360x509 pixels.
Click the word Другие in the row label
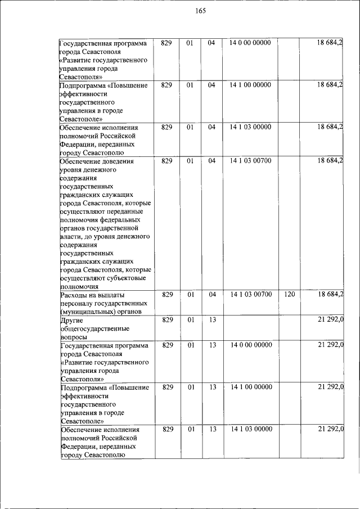click(72, 320)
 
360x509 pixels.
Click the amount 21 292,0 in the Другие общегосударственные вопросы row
click(330, 320)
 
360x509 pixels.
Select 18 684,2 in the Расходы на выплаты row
click(330, 294)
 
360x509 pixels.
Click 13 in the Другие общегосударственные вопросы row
click(211, 320)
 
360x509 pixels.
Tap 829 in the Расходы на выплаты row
click(166, 294)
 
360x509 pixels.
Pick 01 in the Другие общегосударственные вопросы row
click(190, 320)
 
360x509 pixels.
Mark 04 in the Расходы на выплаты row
click(211, 294)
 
